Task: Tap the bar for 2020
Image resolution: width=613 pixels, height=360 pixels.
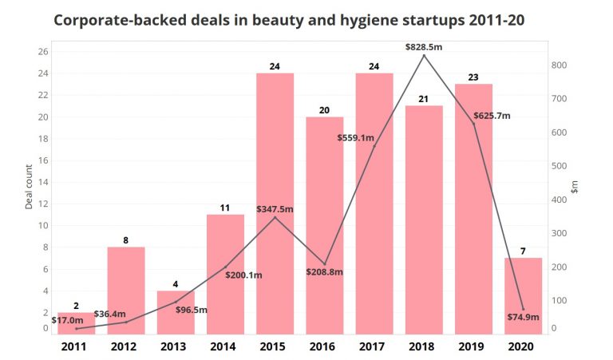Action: click(523, 295)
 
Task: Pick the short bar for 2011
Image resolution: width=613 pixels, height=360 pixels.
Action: click(76, 322)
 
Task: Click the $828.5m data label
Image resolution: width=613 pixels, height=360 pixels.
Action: click(423, 47)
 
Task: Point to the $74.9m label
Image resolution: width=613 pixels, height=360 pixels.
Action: click(524, 317)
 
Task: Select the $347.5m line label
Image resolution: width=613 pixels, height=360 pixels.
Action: click(275, 209)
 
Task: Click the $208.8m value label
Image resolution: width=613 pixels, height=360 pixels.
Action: click(324, 272)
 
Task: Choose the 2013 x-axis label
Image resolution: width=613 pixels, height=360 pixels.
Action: click(175, 346)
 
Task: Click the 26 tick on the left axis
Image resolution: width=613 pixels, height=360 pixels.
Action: click(43, 52)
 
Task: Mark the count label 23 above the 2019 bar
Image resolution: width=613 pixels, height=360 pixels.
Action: click(473, 78)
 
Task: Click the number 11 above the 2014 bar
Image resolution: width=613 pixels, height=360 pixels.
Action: click(225, 208)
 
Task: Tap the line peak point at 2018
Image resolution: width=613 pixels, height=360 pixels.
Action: click(424, 56)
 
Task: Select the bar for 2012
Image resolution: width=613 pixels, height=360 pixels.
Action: click(126, 291)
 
